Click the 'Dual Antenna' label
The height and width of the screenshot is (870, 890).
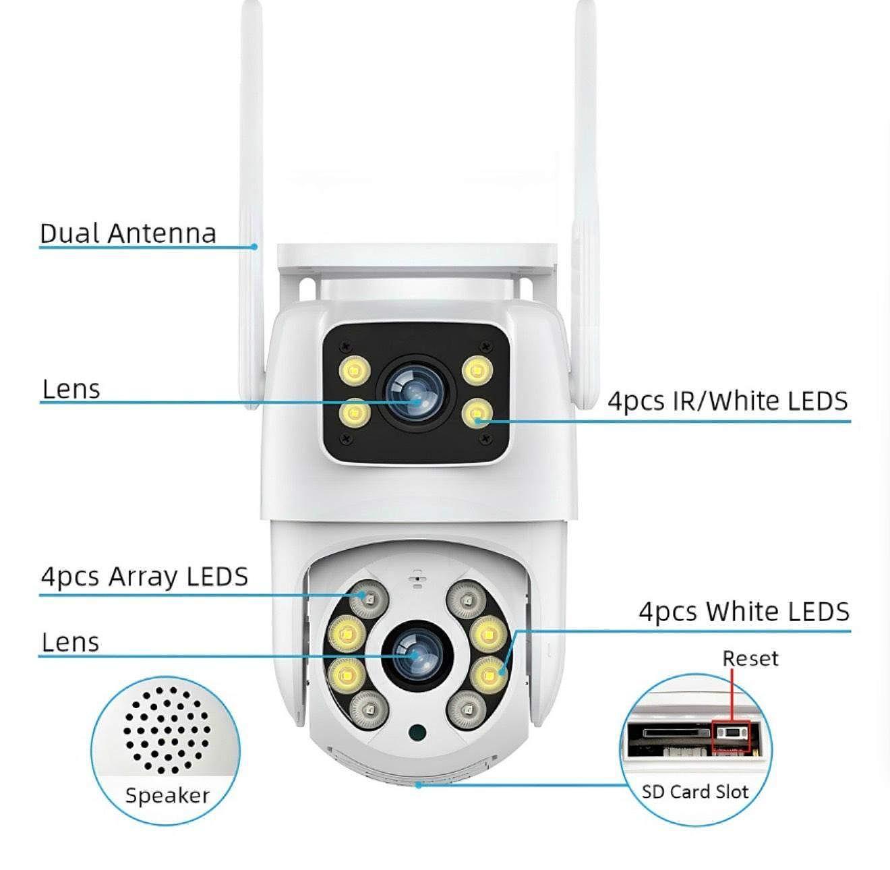(x=128, y=233)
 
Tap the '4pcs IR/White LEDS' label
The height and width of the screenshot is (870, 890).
(x=728, y=401)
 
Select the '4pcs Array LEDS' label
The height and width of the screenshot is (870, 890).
(x=144, y=577)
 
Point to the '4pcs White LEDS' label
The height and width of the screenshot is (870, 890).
(x=744, y=612)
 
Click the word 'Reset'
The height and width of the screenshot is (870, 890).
(x=750, y=658)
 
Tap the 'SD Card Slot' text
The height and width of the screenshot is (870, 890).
(x=694, y=791)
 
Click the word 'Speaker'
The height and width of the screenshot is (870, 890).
(x=167, y=795)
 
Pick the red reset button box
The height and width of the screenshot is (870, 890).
(x=731, y=736)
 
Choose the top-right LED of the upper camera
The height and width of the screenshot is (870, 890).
(x=477, y=370)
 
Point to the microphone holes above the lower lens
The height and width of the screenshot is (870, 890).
(x=417, y=580)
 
